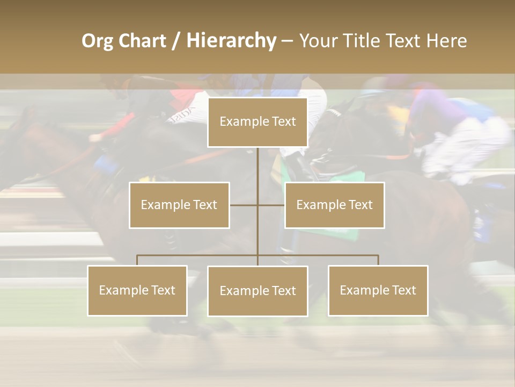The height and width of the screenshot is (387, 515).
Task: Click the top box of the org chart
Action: [x=257, y=122]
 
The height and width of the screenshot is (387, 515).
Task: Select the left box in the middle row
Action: [x=179, y=205]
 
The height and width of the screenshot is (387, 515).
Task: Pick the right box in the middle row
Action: [x=334, y=205]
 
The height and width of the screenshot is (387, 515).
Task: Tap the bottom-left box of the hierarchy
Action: [x=137, y=290]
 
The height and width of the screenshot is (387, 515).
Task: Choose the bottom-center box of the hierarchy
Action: [x=257, y=291]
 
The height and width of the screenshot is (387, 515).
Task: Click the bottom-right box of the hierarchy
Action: [x=378, y=290]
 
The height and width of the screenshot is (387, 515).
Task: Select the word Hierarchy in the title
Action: [x=231, y=41]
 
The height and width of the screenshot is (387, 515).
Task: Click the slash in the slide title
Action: [x=176, y=41]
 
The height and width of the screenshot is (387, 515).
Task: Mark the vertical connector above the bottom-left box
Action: [x=137, y=260]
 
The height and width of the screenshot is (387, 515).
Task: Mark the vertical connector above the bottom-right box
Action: [x=378, y=260]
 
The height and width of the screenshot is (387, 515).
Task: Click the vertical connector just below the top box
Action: [x=257, y=161]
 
